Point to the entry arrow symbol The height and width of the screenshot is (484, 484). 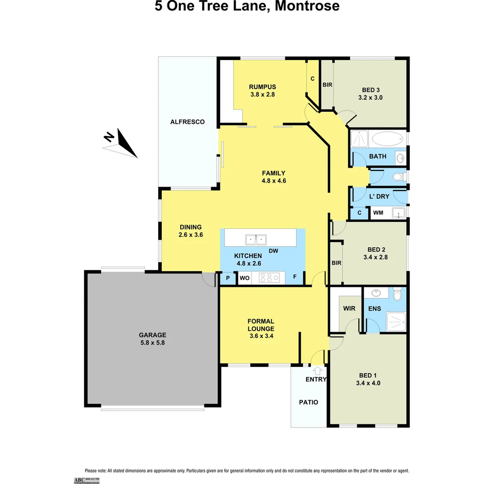tap(318, 370)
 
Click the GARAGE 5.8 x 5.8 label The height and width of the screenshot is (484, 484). tap(152, 338)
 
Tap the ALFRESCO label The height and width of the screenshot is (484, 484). tap(187, 122)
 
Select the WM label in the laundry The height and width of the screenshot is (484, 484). tap(378, 213)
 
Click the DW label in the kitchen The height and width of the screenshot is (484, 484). tap(273, 251)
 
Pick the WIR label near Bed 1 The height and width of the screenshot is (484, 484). tap(349, 309)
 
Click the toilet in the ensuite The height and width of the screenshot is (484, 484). tap(397, 295)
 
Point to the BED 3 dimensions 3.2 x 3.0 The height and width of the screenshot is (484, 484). tap(370, 97)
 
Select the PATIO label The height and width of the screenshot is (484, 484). tap(308, 402)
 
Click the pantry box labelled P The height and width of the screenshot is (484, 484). tap(228, 278)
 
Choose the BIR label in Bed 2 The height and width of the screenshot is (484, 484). tap(336, 263)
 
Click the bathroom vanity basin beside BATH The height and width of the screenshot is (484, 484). tap(400, 158)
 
